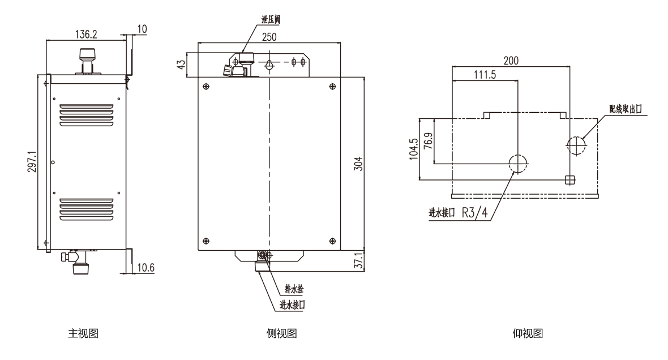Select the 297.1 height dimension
(35, 164)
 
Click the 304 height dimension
(357, 164)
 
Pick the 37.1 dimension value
(357, 261)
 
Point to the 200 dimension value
(511, 60)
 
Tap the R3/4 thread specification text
(474, 213)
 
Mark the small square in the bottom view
(570, 179)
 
